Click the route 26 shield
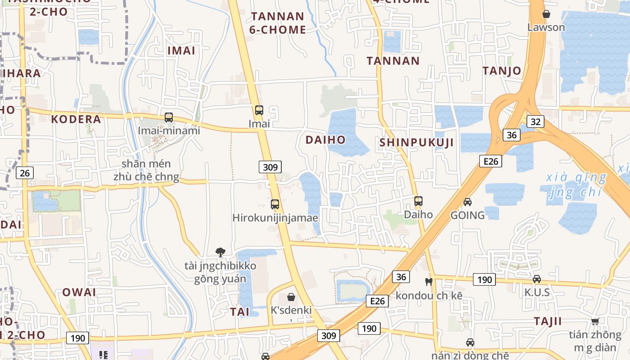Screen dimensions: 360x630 (x=25, y=173)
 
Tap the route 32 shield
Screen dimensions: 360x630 (x=535, y=121)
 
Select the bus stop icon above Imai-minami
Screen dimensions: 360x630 (x=169, y=117)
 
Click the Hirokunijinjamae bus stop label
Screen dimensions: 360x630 (x=275, y=218)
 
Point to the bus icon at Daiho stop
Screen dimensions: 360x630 (x=418, y=201)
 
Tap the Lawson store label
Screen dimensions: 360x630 (x=546, y=27)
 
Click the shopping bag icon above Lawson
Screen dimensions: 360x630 (x=546, y=14)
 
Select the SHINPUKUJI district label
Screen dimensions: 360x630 (x=416, y=143)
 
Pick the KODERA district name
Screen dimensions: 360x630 (x=76, y=119)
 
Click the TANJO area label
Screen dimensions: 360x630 (x=502, y=71)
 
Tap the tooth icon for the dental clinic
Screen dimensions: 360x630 (x=428, y=282)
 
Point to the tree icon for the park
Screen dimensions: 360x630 (x=220, y=252)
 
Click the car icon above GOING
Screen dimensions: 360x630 (x=468, y=202)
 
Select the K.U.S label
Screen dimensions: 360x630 (x=537, y=292)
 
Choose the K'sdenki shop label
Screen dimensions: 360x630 (x=291, y=310)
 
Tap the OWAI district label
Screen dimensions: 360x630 (x=79, y=292)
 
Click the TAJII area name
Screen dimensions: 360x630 (x=548, y=321)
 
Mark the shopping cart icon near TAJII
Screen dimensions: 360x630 (x=595, y=321)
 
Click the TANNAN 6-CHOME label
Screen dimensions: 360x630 (x=278, y=23)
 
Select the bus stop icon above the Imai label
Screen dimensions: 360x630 (x=259, y=110)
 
